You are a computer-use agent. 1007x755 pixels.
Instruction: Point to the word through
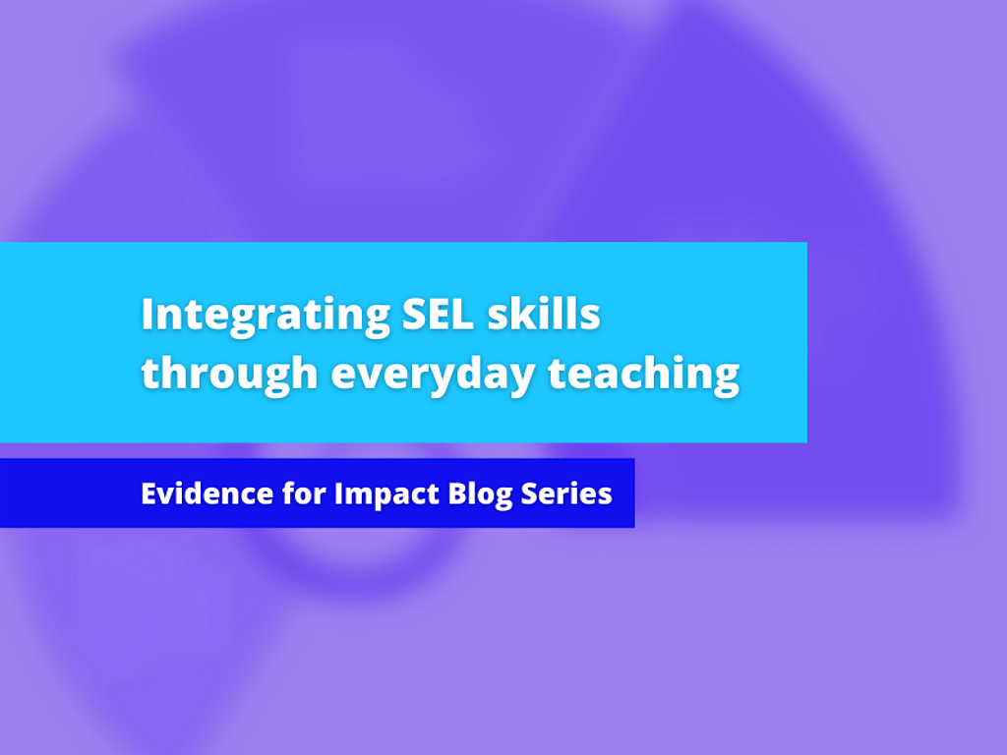[229, 375]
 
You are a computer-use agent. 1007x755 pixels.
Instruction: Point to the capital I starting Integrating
[148, 315]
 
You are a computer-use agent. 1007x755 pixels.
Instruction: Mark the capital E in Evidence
[148, 494]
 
